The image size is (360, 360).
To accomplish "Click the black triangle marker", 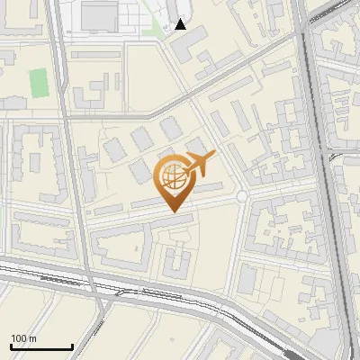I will (181, 25).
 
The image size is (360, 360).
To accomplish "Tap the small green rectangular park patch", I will (38, 83).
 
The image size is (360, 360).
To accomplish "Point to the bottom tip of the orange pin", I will (174, 211).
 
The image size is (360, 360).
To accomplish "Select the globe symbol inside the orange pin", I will (173, 178).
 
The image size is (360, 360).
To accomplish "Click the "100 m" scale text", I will (24, 338).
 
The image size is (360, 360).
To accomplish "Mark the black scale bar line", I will (41, 347).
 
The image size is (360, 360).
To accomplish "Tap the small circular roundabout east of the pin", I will (241, 196).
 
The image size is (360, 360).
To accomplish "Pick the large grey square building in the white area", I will (99, 15).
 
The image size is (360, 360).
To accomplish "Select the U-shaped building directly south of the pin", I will (175, 262).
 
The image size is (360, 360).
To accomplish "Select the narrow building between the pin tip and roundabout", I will (209, 189).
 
